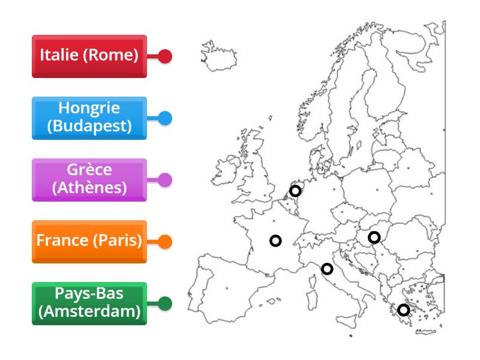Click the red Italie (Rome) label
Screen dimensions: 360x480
(x=89, y=56)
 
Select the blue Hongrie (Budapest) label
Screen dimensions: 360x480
(x=89, y=118)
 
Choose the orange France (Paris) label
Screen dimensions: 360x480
(x=89, y=242)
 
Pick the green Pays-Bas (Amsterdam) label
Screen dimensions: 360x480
(x=89, y=304)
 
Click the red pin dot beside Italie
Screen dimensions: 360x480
(x=166, y=57)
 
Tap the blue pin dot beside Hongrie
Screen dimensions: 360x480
(x=166, y=118)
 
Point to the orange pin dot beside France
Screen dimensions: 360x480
(x=166, y=242)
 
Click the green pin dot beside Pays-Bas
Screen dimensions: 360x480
(x=166, y=304)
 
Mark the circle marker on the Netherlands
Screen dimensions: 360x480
(x=295, y=191)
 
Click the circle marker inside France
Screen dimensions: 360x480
(x=275, y=241)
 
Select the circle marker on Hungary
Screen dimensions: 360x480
(x=374, y=237)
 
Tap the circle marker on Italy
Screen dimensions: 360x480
(x=327, y=269)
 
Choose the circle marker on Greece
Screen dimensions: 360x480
(x=404, y=310)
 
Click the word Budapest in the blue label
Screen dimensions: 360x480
(x=89, y=126)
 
